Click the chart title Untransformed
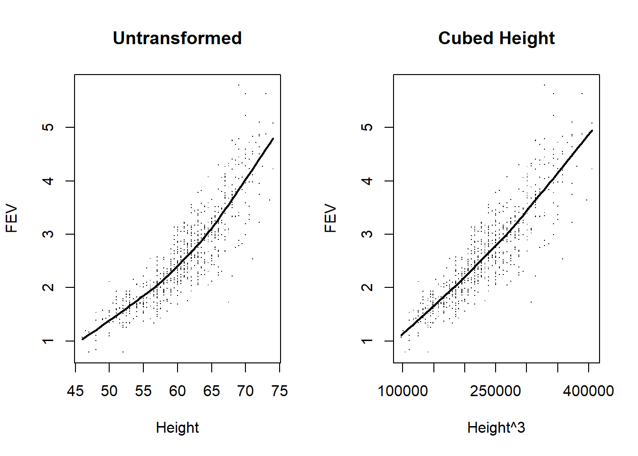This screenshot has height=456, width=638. click(177, 38)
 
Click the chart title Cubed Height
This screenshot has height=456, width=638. click(496, 38)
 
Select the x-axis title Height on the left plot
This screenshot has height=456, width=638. click(177, 427)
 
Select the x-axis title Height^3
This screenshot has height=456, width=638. click(496, 427)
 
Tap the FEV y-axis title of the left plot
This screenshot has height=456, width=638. click(12, 218)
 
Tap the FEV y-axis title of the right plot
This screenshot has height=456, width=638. click(331, 218)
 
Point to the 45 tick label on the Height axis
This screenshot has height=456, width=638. click(75, 391)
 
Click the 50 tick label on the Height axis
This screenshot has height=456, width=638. click(109, 391)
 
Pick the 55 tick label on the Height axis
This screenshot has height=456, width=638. click(143, 391)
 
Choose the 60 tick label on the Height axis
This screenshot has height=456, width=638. click(178, 391)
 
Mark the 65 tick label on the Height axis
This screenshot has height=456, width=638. click(211, 391)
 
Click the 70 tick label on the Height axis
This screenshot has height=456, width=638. click(245, 391)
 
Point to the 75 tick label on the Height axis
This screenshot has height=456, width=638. click(280, 391)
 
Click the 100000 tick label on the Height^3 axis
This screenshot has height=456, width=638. click(403, 391)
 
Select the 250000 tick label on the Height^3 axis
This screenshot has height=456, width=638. click(496, 391)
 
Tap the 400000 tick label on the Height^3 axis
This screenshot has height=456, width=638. click(589, 391)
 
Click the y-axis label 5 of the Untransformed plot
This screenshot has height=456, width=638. click(48, 127)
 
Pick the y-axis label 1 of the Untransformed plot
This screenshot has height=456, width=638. click(48, 341)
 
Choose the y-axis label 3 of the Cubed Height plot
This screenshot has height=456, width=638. click(367, 234)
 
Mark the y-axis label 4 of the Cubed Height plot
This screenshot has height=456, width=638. click(367, 181)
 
